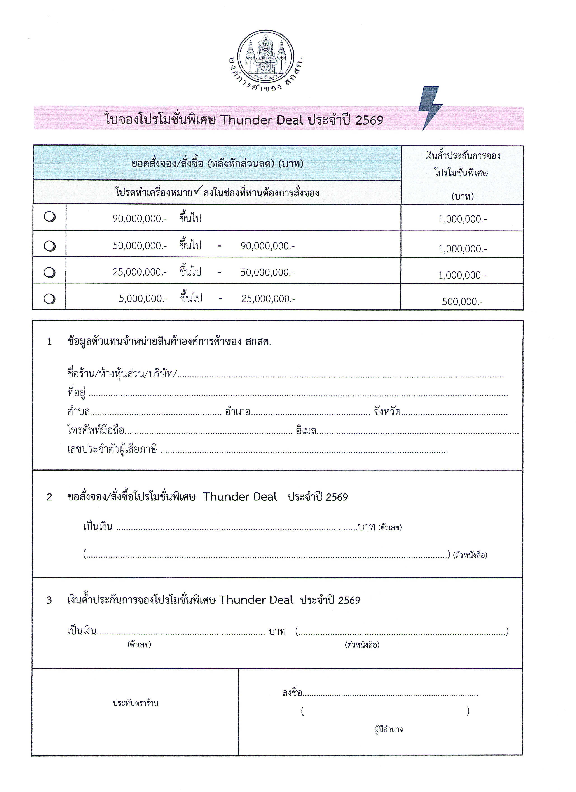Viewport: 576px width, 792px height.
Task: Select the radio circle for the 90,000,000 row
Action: pos(49,217)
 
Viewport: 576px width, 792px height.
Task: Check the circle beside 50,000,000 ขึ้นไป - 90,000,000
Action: pos(49,246)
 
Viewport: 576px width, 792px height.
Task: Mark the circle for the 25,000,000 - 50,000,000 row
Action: pos(49,272)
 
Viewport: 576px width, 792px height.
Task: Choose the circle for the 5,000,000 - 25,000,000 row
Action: pos(49,299)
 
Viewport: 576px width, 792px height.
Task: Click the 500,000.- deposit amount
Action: pos(462,302)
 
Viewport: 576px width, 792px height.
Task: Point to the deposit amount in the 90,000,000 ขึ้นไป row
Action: pos(462,219)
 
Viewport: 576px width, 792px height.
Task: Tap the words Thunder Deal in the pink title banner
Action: pos(262,120)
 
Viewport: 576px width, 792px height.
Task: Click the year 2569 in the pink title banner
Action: pos(369,120)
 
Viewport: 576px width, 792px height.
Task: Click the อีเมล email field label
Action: pos(306,431)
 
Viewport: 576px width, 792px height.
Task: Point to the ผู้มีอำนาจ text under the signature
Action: pos(388,730)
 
